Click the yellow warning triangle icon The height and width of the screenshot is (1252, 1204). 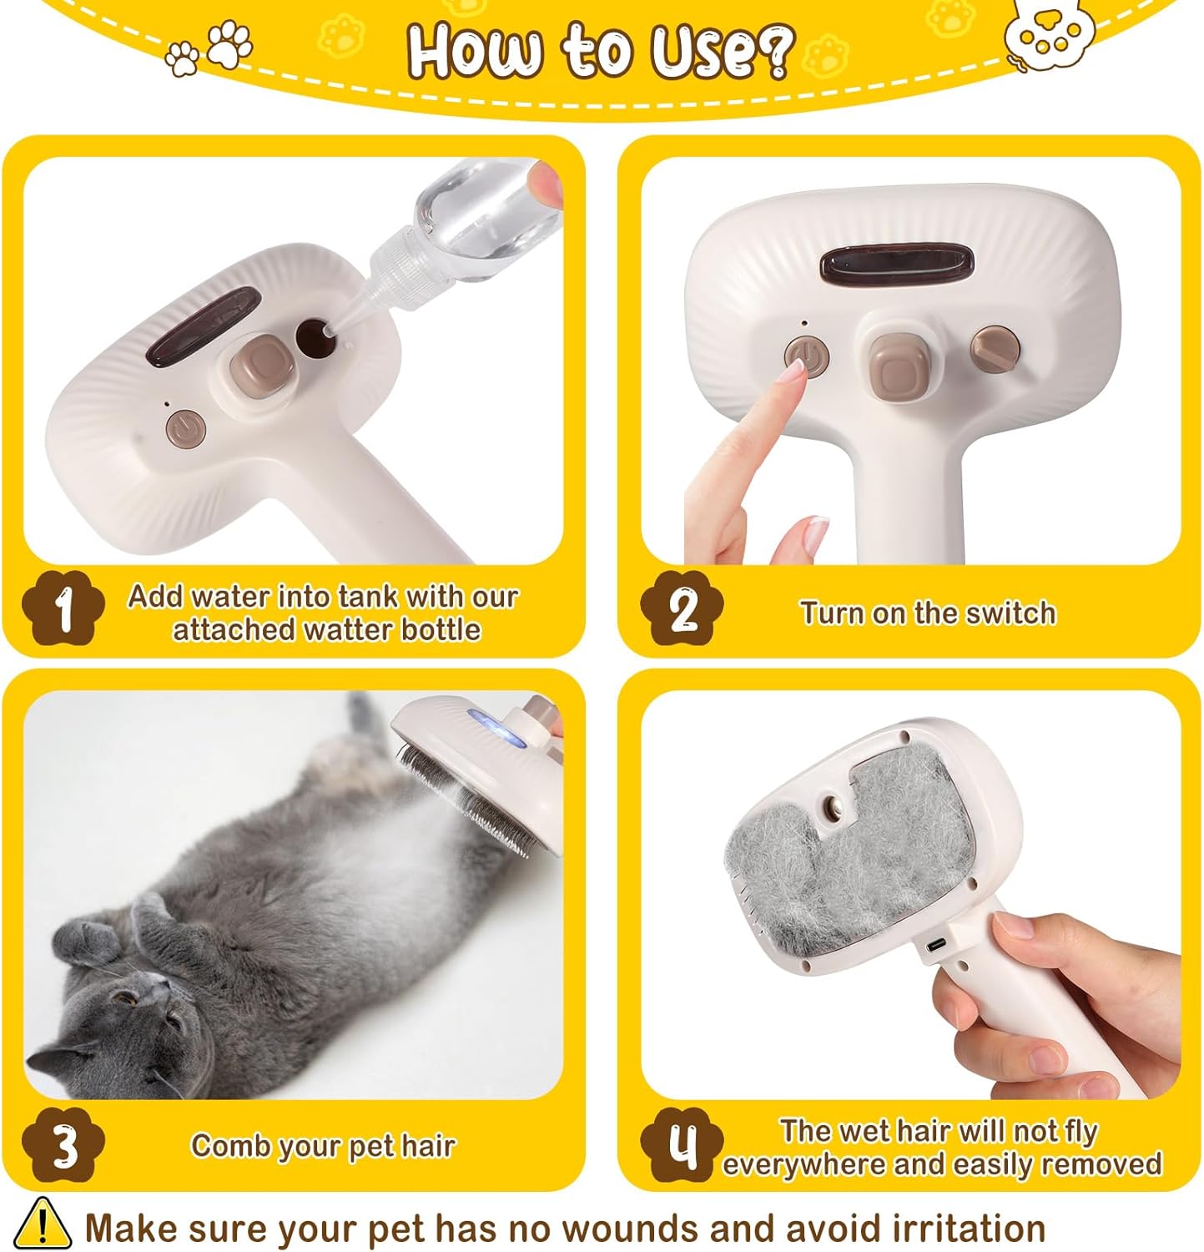(x=42, y=1224)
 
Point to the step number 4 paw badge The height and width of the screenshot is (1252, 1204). (x=682, y=1146)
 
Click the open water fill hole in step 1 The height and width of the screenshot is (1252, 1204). (x=314, y=335)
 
